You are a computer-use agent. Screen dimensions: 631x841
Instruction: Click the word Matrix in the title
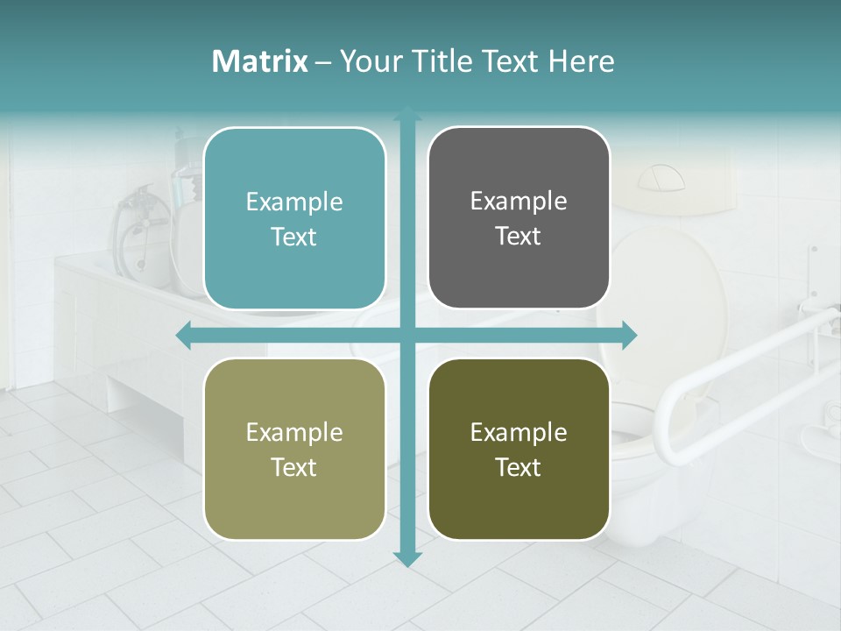[260, 61]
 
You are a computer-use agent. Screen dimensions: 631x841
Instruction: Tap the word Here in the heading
[581, 61]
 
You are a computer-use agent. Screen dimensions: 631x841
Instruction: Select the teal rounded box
[294, 219]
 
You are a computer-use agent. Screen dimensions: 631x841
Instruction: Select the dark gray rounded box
[519, 218]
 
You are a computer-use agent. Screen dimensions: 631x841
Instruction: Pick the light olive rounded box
[294, 450]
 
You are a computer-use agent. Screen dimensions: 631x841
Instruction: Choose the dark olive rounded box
[519, 450]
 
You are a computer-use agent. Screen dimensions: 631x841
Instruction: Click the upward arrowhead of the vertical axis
[407, 115]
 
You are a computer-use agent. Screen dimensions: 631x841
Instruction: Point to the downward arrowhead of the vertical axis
[407, 558]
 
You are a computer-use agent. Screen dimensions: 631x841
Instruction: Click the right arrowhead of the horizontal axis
[629, 335]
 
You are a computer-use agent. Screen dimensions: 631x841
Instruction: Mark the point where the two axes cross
[407, 335]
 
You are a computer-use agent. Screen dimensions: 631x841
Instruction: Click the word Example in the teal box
[294, 202]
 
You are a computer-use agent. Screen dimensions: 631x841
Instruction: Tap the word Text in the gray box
[519, 237]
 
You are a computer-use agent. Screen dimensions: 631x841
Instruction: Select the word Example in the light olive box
[294, 433]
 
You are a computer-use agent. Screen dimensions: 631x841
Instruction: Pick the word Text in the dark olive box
[519, 468]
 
